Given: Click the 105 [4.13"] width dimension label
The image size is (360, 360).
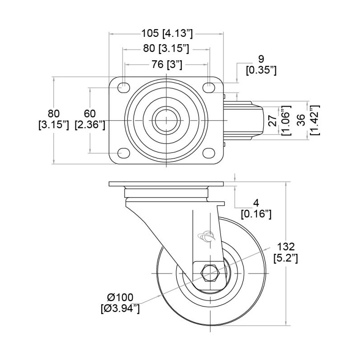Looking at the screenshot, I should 167,33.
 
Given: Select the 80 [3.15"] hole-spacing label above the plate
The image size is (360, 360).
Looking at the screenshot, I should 166,48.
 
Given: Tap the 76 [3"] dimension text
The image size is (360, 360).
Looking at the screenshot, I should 166,65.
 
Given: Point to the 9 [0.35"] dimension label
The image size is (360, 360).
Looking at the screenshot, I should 261,64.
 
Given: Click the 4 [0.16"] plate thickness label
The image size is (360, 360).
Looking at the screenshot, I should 256,208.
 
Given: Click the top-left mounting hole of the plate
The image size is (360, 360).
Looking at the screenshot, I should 122,87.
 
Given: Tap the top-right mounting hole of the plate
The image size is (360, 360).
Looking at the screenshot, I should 209,87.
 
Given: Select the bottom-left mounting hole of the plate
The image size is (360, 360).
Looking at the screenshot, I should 122,153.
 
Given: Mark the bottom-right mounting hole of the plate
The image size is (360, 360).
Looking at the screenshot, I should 209,153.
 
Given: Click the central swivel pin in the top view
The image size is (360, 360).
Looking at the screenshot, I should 166,120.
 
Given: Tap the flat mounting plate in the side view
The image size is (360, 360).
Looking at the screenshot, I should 166,185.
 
